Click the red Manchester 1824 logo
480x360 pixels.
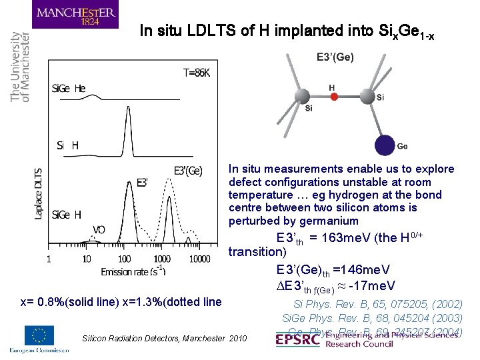[77, 15]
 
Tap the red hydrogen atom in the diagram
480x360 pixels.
[335, 97]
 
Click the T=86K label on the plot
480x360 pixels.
[196, 73]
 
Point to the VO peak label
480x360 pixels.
[99, 229]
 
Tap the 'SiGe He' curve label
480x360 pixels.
[69, 88]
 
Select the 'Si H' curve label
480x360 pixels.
[67, 145]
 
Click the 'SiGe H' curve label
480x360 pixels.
[67, 214]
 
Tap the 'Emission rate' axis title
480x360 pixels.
[133, 271]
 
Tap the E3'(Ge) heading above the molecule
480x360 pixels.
[335, 57]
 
